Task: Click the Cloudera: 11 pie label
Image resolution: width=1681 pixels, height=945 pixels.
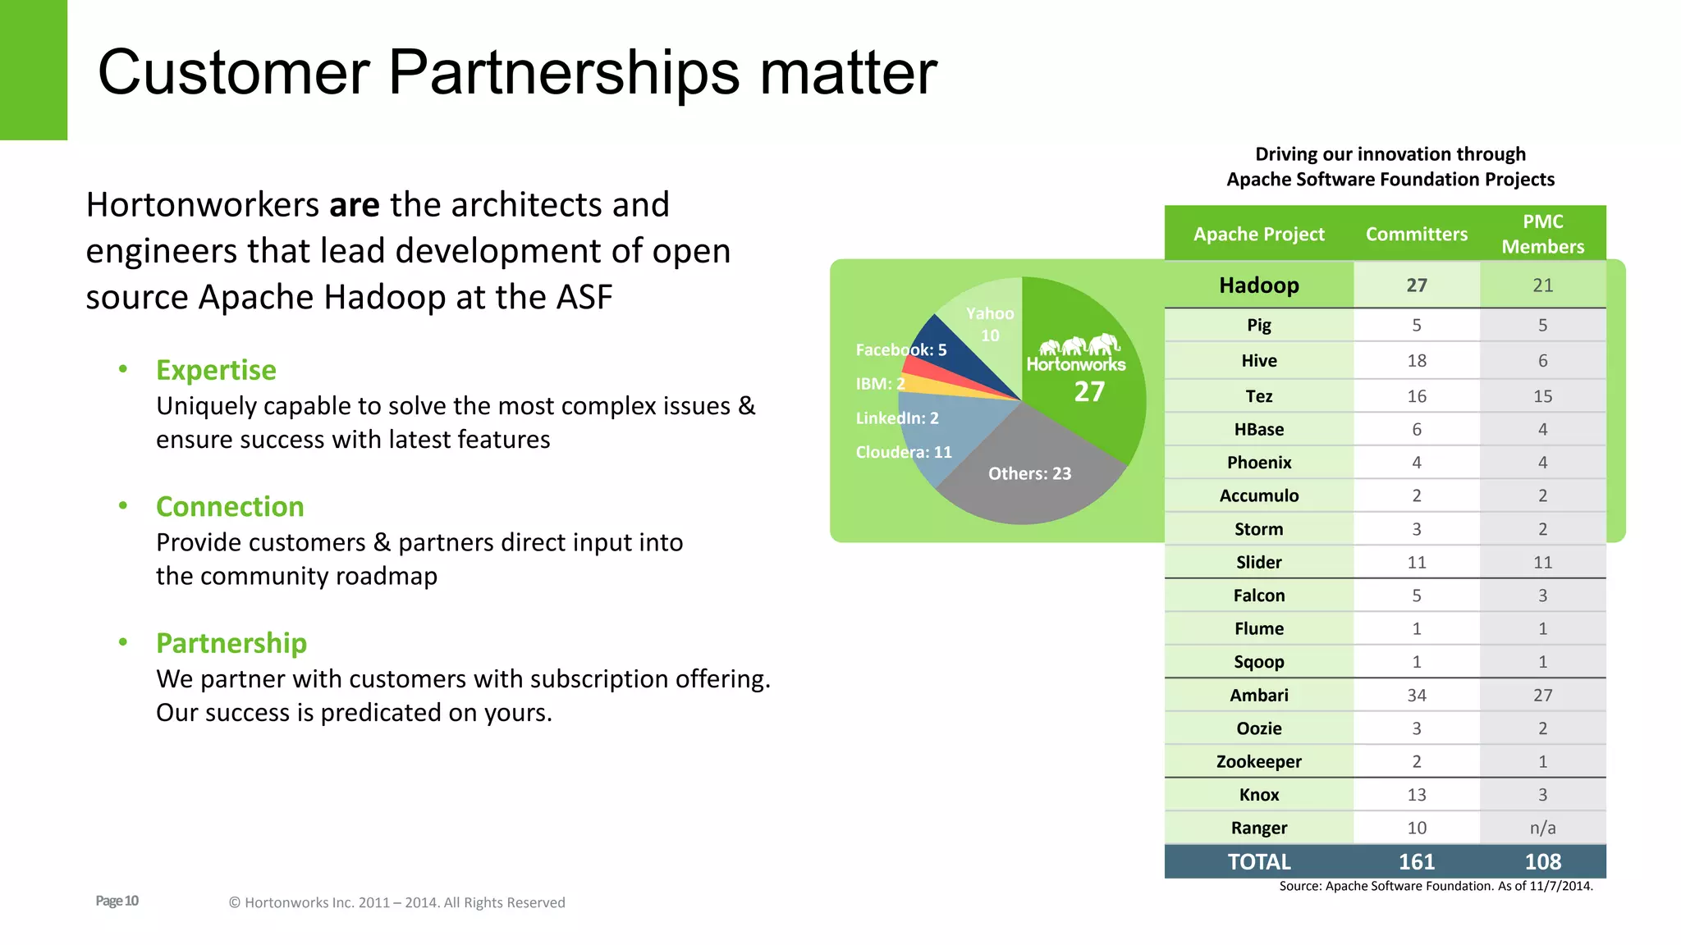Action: pos(904,452)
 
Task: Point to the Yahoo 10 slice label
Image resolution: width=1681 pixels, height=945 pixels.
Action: pos(990,324)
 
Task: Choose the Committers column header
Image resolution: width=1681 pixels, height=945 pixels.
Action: pos(1416,234)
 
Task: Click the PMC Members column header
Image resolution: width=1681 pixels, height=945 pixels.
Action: pos(1542,234)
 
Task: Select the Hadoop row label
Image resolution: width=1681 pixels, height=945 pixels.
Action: pos(1258,285)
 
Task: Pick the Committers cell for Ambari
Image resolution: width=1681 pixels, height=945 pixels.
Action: pos(1416,695)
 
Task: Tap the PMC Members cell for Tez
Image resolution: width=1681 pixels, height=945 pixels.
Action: pos(1542,396)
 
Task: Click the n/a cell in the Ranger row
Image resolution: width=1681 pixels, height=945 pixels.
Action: pos(1542,828)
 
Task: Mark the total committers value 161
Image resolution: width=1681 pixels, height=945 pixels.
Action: pos(1416,861)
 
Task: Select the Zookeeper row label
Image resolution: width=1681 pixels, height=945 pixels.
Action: pos(1258,761)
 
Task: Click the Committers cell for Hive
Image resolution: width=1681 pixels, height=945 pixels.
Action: pos(1416,360)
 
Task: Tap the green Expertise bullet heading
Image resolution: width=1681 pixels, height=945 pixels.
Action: pos(216,370)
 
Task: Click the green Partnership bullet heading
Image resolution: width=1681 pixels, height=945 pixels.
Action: pos(231,643)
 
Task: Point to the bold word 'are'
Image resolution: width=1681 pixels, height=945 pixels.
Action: pos(354,205)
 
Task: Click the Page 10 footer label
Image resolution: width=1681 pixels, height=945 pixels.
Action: pos(117,901)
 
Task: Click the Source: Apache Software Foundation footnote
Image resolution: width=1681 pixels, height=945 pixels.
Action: pos(1436,886)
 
